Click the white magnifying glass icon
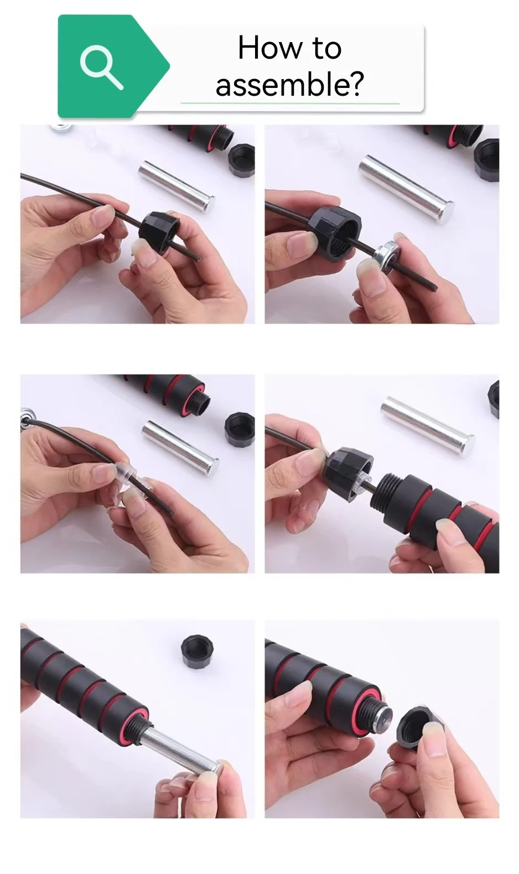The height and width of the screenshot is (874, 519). tap(101, 67)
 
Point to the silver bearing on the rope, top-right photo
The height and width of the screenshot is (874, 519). tap(386, 255)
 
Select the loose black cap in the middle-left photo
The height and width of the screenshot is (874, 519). tap(239, 428)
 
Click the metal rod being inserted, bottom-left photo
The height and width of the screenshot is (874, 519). tap(182, 743)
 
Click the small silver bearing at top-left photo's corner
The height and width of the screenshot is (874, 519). tap(60, 128)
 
